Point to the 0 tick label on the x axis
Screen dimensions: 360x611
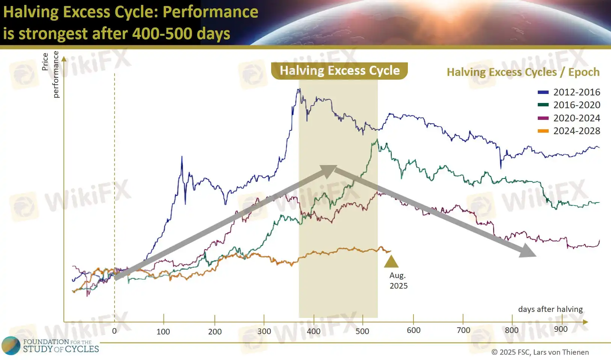coord(114,331)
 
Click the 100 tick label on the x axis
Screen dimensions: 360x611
coord(163,331)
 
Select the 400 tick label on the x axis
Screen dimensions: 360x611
coord(314,331)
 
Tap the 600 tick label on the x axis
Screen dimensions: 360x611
coord(413,330)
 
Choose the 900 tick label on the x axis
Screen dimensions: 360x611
coord(561,329)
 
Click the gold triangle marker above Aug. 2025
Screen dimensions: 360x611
coord(391,262)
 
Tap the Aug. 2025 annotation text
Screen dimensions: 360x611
coord(398,280)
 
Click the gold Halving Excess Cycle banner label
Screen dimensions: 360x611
coord(339,71)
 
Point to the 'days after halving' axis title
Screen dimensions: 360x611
coord(550,309)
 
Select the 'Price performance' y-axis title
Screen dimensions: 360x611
coord(50,74)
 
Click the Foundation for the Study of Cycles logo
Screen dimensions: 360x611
coord(50,345)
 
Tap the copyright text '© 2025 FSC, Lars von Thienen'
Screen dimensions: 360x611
coord(540,352)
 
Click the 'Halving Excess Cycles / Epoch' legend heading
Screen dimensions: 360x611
coord(523,72)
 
